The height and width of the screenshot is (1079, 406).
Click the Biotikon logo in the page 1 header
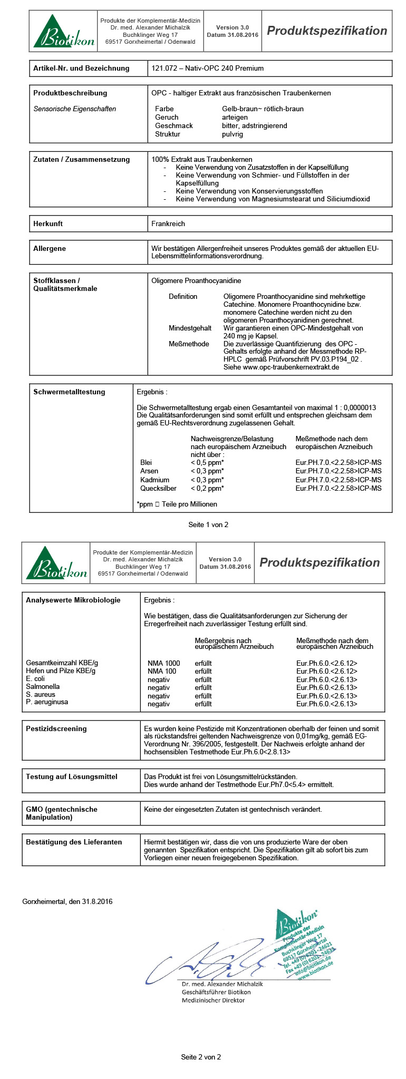[x=63, y=32]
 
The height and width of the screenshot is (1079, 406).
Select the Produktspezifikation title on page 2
[x=320, y=562]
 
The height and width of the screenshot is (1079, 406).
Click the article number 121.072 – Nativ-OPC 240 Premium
[x=207, y=68]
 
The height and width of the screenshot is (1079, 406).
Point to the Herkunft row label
[x=48, y=223]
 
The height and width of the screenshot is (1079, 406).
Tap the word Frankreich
[x=168, y=223]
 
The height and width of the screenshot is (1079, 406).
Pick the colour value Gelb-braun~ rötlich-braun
[x=263, y=109]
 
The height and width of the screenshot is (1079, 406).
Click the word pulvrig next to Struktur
[x=233, y=134]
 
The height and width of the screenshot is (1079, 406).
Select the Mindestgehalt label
[x=190, y=328]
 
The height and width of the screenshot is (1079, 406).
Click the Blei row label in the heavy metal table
[x=146, y=462]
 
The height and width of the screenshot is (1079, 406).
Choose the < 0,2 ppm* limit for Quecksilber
[x=207, y=488]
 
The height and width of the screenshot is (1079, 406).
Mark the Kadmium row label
[x=154, y=480]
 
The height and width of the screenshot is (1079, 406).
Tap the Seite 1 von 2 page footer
[x=208, y=524]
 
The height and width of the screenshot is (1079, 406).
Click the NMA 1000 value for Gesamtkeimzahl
[x=163, y=663]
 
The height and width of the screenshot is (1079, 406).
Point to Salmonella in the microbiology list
[x=43, y=686]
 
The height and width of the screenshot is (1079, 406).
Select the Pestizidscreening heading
[x=56, y=728]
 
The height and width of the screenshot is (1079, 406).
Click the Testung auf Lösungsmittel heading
[x=72, y=776]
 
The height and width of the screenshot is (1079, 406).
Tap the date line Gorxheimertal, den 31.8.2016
[x=67, y=901]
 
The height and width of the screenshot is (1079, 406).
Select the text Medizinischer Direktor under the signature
[x=213, y=1000]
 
